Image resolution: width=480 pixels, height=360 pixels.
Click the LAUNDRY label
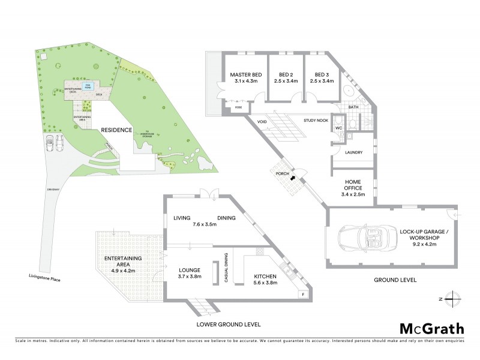pyautogui.click(x=353, y=152)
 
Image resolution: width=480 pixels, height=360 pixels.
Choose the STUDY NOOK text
pyautogui.click(x=317, y=120)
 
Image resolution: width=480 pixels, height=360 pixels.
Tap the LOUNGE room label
pyautogui.click(x=189, y=270)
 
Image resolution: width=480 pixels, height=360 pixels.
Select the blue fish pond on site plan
pyautogui.click(x=88, y=86)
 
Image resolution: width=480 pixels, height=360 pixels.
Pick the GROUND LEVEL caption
pyautogui.click(x=395, y=280)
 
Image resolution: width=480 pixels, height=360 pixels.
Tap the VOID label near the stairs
pyautogui.click(x=262, y=122)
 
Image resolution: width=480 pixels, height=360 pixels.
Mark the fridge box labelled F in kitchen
pyautogui.click(x=303, y=294)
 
